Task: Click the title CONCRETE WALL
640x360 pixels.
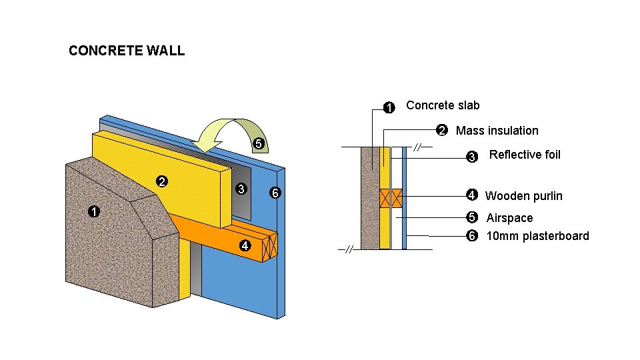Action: click(x=127, y=51)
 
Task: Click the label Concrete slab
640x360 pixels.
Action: click(x=443, y=105)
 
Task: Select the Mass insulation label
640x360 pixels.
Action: click(x=497, y=131)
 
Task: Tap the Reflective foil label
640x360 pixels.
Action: click(x=525, y=155)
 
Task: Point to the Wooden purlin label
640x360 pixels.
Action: click(x=523, y=196)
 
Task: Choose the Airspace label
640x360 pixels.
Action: click(x=509, y=218)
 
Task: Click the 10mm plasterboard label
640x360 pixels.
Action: click(x=537, y=236)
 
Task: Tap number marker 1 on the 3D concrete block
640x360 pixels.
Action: click(x=94, y=212)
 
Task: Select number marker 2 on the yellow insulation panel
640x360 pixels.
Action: click(x=161, y=181)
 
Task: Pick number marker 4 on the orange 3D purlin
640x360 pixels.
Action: click(x=245, y=245)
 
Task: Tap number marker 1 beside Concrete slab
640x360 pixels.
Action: click(x=389, y=107)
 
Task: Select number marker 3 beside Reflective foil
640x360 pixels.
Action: click(x=471, y=157)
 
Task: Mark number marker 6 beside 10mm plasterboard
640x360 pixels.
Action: click(x=472, y=236)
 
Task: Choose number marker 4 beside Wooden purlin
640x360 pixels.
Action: click(x=471, y=195)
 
